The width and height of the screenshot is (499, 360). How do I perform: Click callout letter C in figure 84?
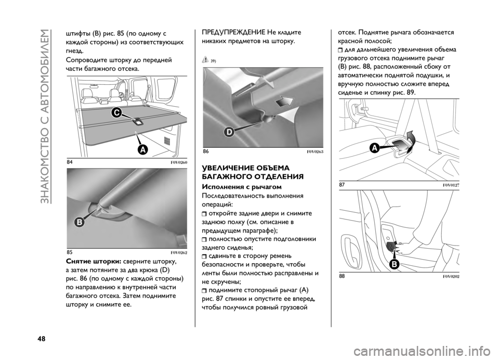[116, 113]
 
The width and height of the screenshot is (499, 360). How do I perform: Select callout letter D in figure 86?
[229, 133]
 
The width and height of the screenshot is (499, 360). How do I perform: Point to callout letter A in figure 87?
[375, 148]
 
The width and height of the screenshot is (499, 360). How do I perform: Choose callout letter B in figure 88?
[395, 264]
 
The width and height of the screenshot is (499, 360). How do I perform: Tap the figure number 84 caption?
[69, 162]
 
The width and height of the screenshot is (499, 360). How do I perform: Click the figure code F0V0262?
[179, 253]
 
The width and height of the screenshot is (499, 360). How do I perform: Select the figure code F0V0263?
[315, 152]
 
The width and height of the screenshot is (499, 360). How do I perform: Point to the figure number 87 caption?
[342, 185]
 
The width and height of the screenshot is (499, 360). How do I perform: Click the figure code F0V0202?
[451, 277]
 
